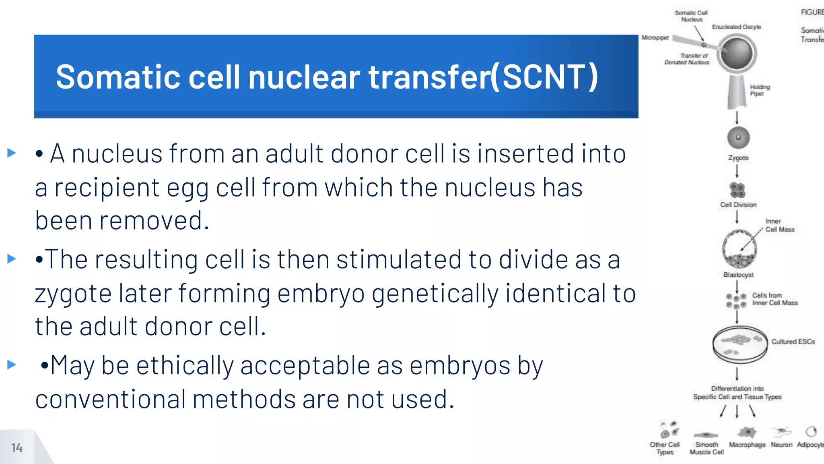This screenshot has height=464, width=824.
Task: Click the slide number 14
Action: point(17,448)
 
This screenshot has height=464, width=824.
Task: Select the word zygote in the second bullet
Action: point(73,293)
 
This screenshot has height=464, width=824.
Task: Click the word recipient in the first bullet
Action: point(107,188)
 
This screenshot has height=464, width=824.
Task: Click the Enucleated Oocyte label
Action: point(736,27)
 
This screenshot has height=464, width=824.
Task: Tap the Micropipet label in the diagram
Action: point(655,37)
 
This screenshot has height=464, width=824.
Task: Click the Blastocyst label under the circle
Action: point(738,275)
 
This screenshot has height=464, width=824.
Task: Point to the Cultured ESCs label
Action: point(793,342)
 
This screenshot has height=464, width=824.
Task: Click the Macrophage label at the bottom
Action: point(747,445)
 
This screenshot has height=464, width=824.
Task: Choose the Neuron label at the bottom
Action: point(781,445)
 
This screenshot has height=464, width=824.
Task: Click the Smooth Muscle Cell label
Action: point(707,448)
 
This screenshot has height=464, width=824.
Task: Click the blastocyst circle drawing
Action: point(739,249)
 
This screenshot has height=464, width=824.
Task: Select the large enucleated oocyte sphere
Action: point(737,54)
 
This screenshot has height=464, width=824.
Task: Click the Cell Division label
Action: point(738,205)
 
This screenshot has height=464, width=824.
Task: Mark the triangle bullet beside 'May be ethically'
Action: point(12,365)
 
